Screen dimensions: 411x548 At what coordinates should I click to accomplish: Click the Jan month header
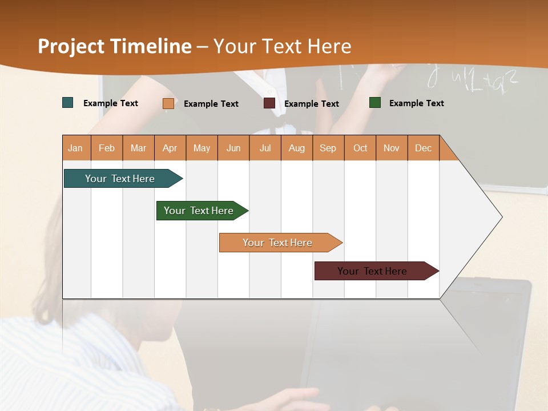(x=76, y=148)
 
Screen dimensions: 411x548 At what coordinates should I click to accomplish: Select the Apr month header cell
(x=170, y=148)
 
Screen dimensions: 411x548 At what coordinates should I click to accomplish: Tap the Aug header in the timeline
(x=296, y=148)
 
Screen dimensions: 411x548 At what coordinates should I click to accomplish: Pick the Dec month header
(x=423, y=148)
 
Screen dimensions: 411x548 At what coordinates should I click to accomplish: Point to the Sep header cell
(x=328, y=148)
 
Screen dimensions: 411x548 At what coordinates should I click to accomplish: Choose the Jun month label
(x=233, y=148)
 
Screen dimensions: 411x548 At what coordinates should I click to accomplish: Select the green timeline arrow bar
(x=200, y=211)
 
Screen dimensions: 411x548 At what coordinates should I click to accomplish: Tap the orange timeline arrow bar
(x=278, y=243)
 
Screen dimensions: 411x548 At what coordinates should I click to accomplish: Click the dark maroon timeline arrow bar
(x=373, y=271)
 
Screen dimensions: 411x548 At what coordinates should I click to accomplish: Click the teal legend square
(x=68, y=103)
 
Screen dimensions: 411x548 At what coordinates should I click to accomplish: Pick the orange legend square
(x=168, y=103)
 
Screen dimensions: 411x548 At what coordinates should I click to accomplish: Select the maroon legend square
(x=269, y=103)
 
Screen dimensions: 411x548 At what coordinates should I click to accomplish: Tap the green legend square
(x=375, y=103)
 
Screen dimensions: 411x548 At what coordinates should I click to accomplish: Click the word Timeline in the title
(x=151, y=46)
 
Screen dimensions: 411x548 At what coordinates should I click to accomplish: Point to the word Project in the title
(x=71, y=46)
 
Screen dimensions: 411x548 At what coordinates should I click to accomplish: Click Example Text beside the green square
(x=416, y=103)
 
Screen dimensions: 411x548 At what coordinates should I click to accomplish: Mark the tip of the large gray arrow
(x=501, y=217)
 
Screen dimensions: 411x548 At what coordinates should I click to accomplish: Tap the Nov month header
(x=391, y=148)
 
